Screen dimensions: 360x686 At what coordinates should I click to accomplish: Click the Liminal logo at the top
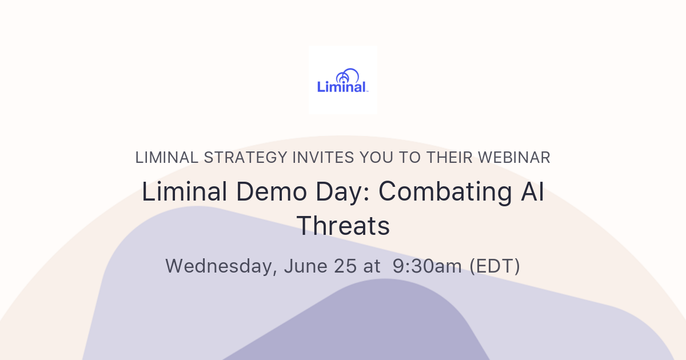(342, 80)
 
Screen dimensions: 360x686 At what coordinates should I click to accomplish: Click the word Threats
(343, 226)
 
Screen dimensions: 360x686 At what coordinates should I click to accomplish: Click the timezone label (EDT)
(495, 266)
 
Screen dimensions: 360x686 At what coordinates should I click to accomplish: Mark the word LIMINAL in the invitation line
(167, 158)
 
